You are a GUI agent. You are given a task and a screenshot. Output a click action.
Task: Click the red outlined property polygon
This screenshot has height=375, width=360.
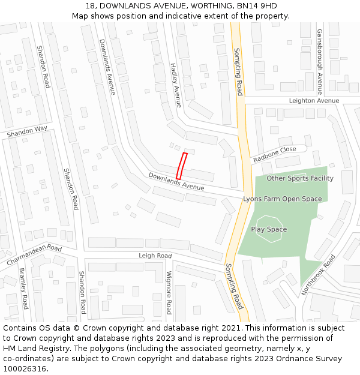(x=182, y=165)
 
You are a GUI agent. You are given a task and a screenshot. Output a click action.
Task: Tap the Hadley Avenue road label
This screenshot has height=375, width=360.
(x=175, y=85)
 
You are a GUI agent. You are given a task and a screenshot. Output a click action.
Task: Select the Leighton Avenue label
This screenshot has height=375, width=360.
(x=314, y=100)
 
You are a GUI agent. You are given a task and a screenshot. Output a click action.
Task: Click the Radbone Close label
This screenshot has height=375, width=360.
(x=275, y=154)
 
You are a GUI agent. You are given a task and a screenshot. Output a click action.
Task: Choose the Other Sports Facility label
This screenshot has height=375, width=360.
(x=300, y=178)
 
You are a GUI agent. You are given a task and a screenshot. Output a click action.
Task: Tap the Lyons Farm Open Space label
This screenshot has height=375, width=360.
(x=282, y=199)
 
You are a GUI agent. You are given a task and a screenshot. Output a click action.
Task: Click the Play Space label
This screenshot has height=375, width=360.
(x=269, y=229)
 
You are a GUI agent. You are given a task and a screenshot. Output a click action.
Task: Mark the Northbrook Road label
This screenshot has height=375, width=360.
(x=319, y=274)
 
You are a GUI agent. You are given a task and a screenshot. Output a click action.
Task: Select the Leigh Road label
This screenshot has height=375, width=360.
(x=155, y=256)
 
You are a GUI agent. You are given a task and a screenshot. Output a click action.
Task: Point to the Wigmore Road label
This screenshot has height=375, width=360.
(x=169, y=292)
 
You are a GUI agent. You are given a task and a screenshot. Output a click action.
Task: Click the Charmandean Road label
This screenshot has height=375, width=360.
(x=34, y=255)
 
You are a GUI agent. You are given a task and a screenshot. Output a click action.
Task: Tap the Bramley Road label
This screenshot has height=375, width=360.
(x=23, y=289)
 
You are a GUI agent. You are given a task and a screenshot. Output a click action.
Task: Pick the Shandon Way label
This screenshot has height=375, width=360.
(x=27, y=132)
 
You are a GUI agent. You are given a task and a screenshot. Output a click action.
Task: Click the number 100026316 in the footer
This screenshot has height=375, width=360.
(x=25, y=368)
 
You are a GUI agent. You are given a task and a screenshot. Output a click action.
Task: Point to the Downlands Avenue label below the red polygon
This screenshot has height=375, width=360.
(x=176, y=182)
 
